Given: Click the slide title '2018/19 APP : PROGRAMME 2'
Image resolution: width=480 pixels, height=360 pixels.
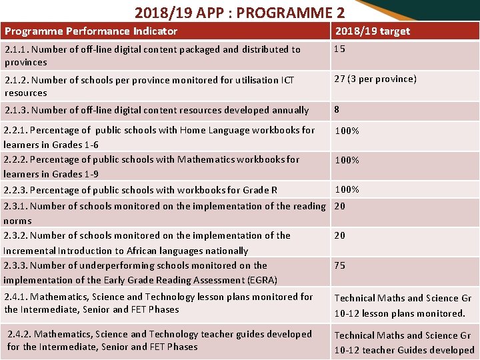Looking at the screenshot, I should pyautogui.click(x=239, y=12).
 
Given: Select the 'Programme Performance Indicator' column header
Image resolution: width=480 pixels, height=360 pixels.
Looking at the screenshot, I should pyautogui.click(x=91, y=31).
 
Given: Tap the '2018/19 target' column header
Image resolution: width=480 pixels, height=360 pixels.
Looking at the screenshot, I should pyautogui.click(x=372, y=31).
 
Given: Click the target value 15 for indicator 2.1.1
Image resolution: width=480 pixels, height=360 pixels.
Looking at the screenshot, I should pyautogui.click(x=339, y=49).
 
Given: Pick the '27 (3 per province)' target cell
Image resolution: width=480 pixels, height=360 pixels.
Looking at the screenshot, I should pyautogui.click(x=375, y=79).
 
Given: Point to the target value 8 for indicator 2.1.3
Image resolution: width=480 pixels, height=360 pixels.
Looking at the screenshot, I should pyautogui.click(x=337, y=109).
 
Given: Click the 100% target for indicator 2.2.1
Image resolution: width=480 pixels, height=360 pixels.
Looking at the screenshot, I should pyautogui.click(x=347, y=131).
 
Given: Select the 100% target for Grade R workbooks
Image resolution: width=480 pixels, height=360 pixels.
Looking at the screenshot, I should pyautogui.click(x=347, y=189).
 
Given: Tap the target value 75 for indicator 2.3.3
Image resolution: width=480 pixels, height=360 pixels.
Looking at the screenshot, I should pyautogui.click(x=340, y=265).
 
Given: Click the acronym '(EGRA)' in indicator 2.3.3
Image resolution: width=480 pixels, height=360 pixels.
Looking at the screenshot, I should pyautogui.click(x=261, y=280).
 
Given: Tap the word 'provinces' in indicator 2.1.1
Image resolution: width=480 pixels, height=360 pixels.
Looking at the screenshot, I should pyautogui.click(x=25, y=62).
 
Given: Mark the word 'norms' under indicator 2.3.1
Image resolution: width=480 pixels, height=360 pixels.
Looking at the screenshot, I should pyautogui.click(x=17, y=221).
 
